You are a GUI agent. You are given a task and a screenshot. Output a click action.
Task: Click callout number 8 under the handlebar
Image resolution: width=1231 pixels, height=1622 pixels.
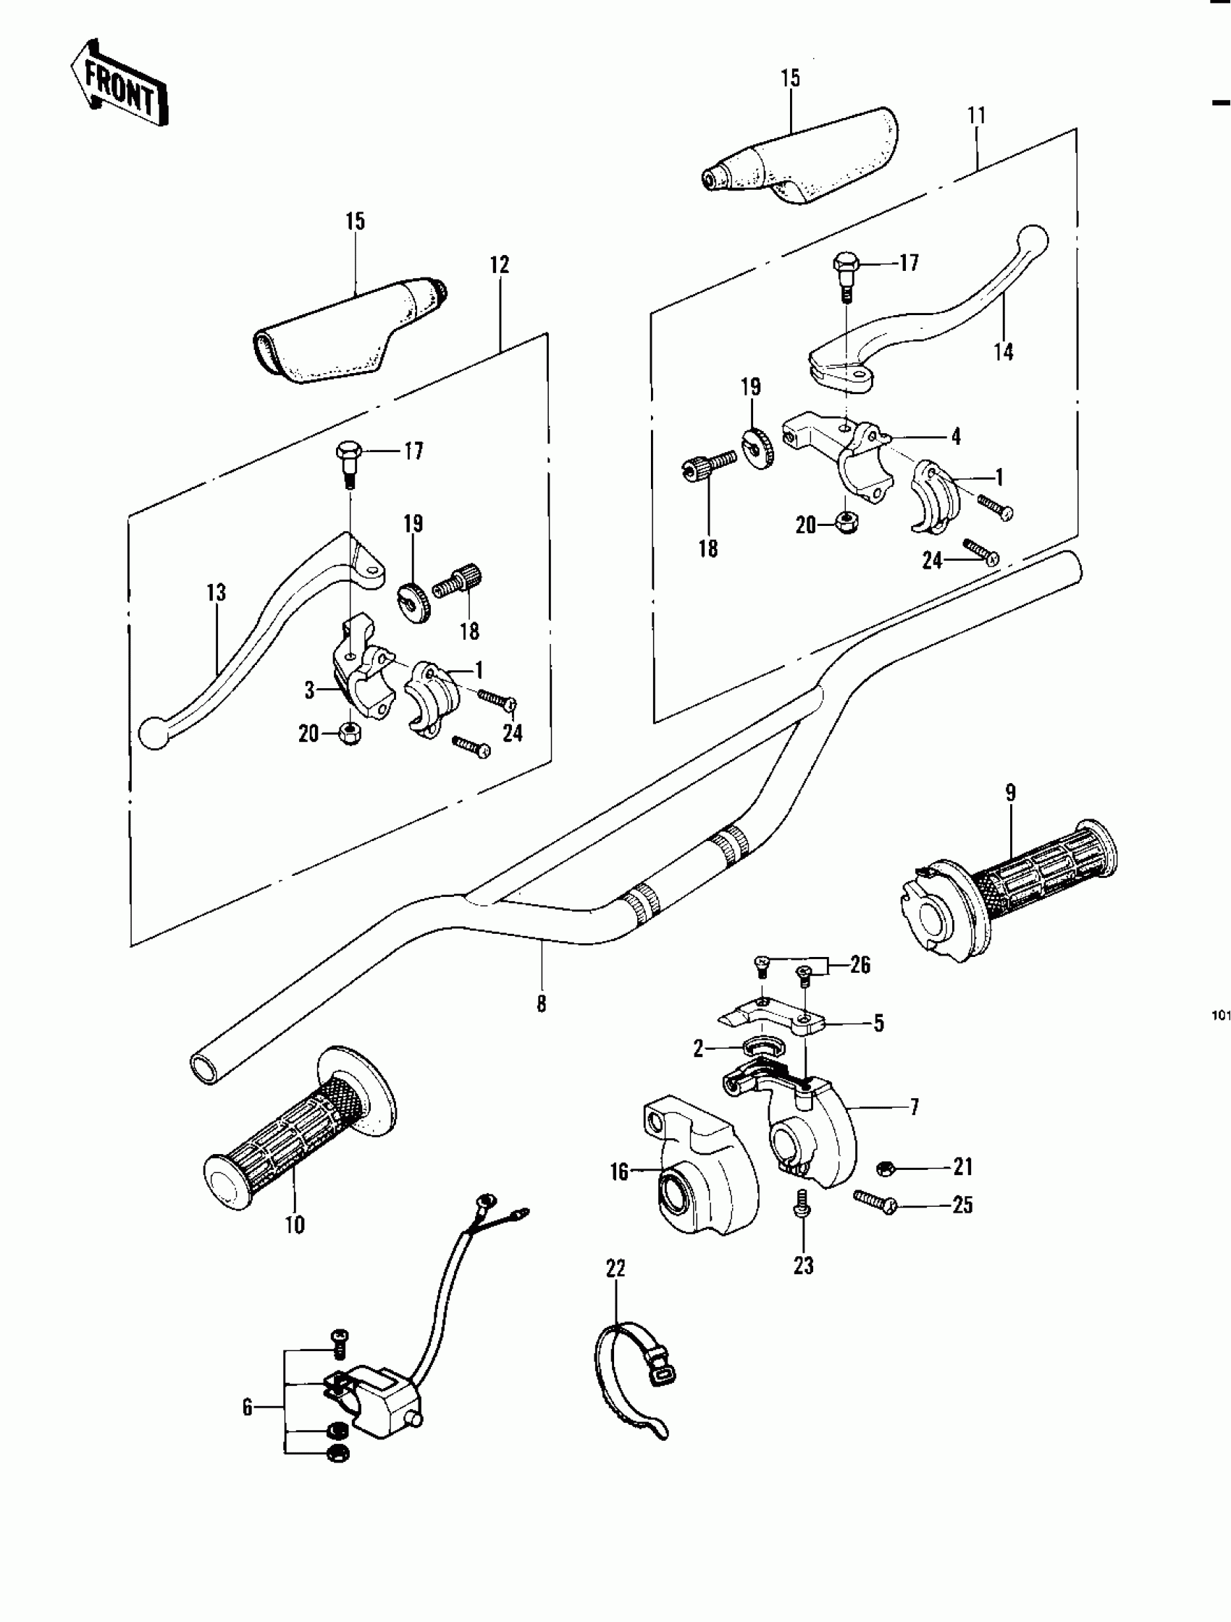pos(542,1004)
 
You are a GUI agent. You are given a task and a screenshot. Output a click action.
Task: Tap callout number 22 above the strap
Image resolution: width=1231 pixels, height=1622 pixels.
pos(616,1268)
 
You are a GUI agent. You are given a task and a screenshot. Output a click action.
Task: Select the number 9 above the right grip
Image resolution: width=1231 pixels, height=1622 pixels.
pos(1010,793)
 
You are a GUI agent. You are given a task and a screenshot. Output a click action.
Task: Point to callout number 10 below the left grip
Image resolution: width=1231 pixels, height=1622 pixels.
pos(295,1224)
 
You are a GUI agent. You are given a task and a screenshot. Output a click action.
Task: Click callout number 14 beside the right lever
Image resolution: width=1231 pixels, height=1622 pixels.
pos(1004,352)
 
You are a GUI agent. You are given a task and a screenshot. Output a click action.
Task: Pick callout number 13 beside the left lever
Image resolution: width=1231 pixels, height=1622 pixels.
pos(217,593)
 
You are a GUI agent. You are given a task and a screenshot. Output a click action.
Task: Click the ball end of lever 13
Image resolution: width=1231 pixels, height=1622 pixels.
pos(154,732)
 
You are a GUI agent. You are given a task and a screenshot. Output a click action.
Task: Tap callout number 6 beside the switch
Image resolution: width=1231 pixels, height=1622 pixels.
pos(248,1407)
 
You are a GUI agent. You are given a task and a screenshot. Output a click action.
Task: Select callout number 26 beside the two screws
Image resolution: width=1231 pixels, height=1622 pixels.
pos(861,965)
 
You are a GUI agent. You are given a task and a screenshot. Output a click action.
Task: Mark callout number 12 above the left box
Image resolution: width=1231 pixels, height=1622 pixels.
pos(500,265)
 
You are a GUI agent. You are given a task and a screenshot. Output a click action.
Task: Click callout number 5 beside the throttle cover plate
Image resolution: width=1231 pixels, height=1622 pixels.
pos(879,1024)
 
